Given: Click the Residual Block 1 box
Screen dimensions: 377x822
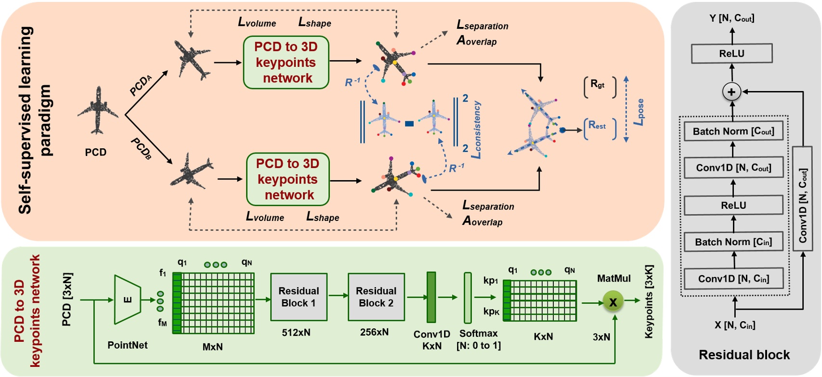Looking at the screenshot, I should coord(299,297).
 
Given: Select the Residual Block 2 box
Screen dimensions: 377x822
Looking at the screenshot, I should coord(376,297).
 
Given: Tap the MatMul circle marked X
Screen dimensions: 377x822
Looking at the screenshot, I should coord(613,302).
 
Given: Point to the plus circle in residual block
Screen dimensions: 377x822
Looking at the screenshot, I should coord(731,92).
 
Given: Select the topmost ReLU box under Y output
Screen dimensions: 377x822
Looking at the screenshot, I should coord(731,53).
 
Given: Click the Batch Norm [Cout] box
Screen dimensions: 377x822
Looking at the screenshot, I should coord(733,131).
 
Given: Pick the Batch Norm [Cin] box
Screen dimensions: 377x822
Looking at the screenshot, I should coord(733,242).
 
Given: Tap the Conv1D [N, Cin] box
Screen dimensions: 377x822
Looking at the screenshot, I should coord(733,278).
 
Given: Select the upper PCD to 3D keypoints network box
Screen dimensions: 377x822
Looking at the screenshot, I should coord(286,63).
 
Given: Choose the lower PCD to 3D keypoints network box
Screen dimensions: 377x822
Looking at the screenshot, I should coord(288,179).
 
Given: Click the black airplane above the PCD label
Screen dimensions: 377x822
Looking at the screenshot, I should coord(98,111).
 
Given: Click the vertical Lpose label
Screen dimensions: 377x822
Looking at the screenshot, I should coord(639,112).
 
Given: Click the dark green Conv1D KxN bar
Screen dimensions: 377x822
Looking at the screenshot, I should coord(431,297).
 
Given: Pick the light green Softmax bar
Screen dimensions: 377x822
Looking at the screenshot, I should coord(468,298).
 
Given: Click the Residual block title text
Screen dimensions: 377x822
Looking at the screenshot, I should coord(744,355).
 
